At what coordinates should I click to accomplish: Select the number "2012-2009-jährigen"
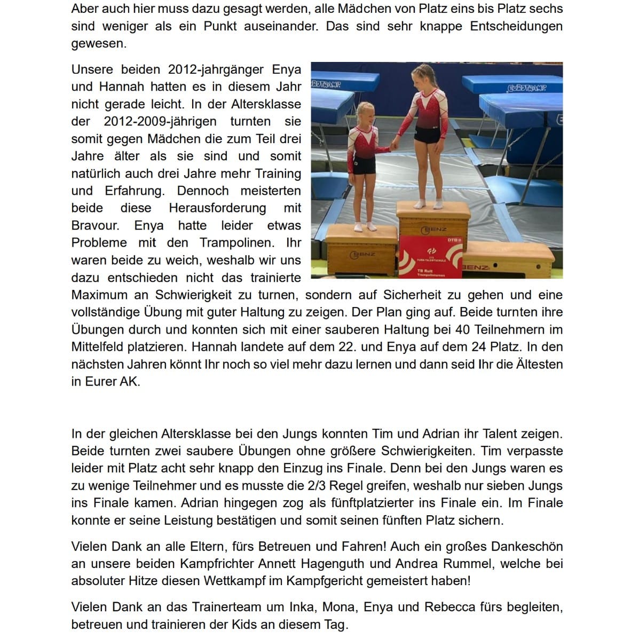pos(160,121)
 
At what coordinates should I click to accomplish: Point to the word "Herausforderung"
pos(217,208)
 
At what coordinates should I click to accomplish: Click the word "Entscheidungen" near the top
pos(516,26)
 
